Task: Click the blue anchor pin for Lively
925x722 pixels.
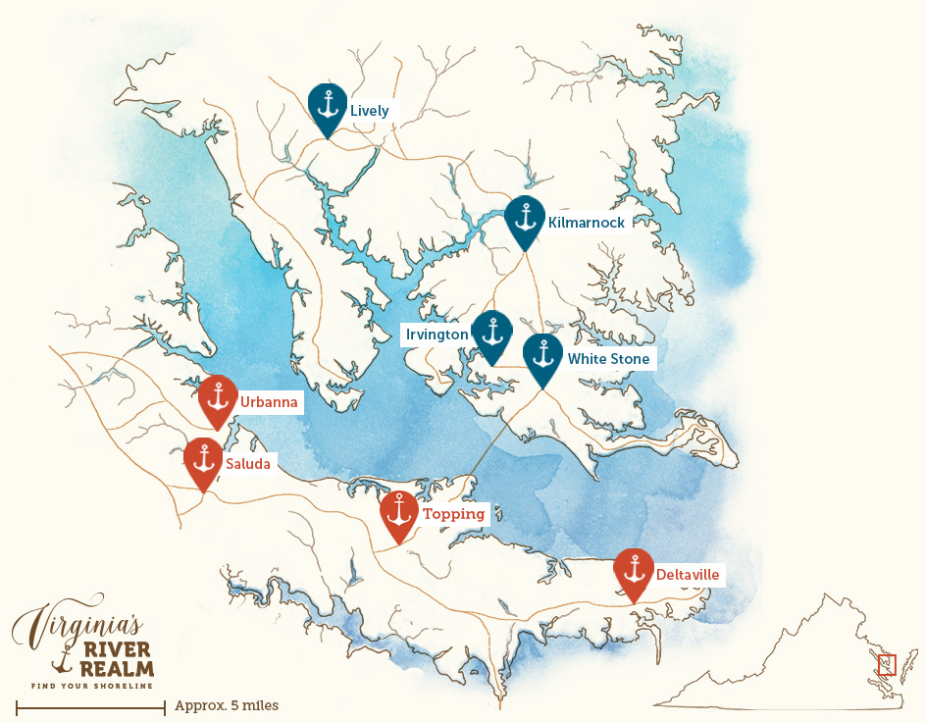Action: point(328,105)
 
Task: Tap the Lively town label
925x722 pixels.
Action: point(370,111)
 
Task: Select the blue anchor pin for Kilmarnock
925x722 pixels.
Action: point(525,218)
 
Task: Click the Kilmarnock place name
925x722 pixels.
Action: point(587,223)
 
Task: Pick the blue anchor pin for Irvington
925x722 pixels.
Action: point(491,332)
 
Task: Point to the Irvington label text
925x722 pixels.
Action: point(437,335)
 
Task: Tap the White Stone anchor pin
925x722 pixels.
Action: point(542,356)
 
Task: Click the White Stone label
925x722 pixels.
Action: point(608,359)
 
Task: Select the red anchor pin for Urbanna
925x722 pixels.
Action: point(218,397)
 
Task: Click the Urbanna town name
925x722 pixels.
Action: point(269,402)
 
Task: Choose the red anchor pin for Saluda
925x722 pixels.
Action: point(204,459)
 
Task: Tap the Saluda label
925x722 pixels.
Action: point(248,463)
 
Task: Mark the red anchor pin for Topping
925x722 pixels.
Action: point(399,512)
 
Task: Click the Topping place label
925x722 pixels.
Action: point(453,514)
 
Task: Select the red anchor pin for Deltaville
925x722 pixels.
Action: point(634,570)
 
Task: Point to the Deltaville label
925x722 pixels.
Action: point(688,574)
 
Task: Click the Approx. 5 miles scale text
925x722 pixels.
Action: point(227,705)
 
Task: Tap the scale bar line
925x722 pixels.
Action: point(90,705)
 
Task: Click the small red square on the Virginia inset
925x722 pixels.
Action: point(887,665)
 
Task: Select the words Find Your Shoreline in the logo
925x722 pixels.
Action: point(92,685)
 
